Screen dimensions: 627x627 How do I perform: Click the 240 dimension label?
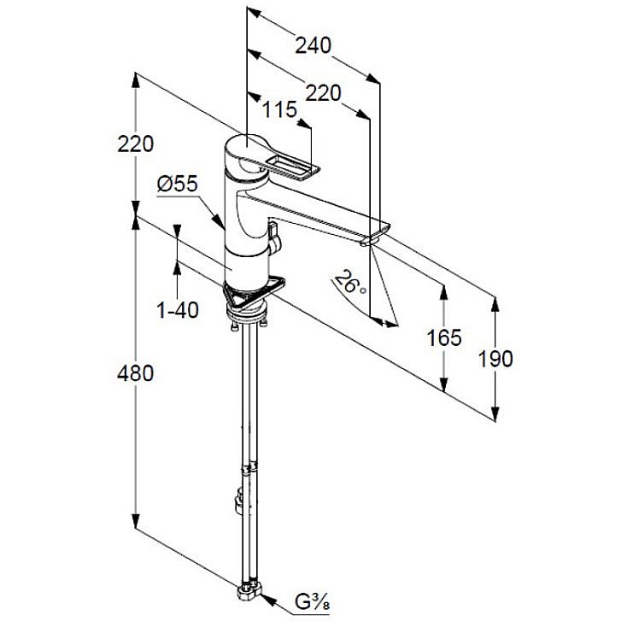tap(313, 45)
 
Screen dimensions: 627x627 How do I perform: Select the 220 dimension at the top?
tap(323, 93)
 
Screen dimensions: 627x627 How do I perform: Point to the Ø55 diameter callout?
tap(178, 183)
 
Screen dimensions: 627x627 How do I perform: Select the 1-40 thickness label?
tap(178, 310)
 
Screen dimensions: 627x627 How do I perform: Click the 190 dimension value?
tap(495, 358)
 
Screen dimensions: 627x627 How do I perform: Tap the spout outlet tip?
tap(368, 242)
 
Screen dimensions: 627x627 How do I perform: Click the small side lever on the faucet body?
tap(273, 237)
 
